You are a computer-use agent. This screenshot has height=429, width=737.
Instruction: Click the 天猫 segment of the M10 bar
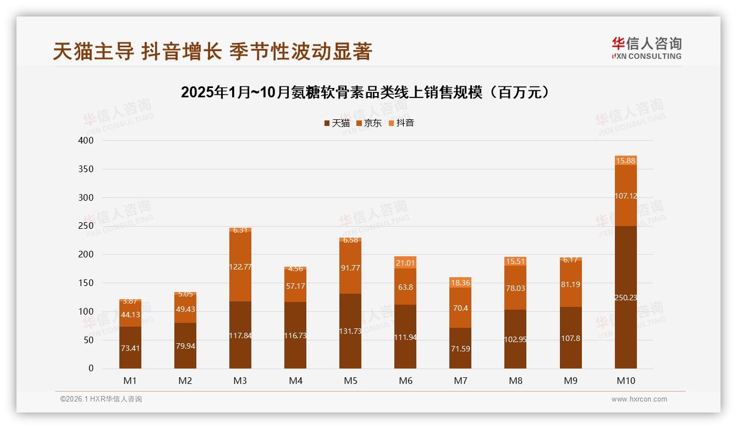625,297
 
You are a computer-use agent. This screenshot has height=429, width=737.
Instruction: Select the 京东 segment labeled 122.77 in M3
240,266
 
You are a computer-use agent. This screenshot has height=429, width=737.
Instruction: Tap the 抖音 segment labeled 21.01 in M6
405,263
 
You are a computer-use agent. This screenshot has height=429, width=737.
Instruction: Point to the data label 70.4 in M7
460,308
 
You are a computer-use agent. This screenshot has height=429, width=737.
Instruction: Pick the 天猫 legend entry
337,123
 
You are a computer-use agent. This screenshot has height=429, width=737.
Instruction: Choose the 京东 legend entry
369,123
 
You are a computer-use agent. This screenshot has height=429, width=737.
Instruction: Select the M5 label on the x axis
350,381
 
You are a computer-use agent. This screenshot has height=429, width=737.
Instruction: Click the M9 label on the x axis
570,381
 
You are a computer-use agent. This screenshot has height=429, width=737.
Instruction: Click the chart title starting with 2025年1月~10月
365,92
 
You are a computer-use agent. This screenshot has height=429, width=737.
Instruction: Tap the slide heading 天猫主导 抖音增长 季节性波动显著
213,51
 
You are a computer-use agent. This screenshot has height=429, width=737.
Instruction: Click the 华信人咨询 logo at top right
646,48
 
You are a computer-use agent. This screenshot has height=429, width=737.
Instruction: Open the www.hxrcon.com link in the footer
639,399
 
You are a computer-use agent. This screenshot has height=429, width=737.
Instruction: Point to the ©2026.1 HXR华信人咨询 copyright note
101,399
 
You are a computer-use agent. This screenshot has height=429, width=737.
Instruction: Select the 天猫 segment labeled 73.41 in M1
130,348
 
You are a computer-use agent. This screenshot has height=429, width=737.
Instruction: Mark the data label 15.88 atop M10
626,161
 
